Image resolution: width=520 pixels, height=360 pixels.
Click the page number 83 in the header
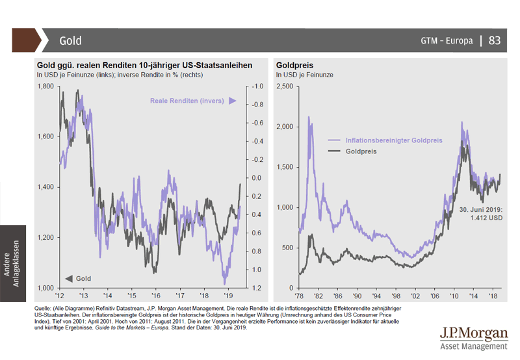(x=495, y=40)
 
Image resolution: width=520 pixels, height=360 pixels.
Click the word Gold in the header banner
(x=70, y=40)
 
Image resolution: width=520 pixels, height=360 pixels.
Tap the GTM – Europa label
(x=447, y=40)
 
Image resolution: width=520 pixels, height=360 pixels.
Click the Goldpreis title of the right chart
(x=295, y=65)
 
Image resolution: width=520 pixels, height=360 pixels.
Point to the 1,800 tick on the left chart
(x=45, y=86)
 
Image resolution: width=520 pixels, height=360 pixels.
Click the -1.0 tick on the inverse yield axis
(x=257, y=86)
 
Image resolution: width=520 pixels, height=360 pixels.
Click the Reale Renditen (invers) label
(x=187, y=101)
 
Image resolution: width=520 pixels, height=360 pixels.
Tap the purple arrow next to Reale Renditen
(x=232, y=101)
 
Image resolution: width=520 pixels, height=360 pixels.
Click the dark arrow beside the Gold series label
(x=68, y=279)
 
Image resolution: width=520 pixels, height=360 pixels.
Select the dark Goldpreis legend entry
(x=361, y=151)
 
